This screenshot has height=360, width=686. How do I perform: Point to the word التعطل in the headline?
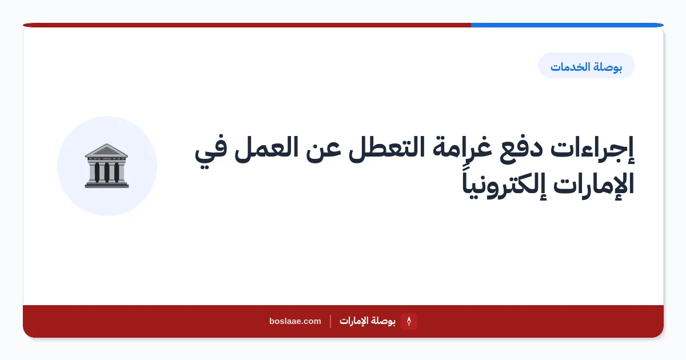pos(387,148)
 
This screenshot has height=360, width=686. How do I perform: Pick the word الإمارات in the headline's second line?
pos(593,183)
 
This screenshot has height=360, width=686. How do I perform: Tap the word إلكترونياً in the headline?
pos(504,184)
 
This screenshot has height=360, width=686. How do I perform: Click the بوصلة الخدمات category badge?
pos(586,66)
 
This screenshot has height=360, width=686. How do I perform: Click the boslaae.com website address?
pos(295,321)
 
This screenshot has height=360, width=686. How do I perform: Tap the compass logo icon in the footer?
pos(409,321)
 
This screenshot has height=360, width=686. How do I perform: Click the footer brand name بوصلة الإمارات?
pos(368,321)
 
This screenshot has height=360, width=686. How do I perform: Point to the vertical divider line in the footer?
pos(330,321)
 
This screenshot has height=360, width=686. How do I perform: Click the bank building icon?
pos(106,166)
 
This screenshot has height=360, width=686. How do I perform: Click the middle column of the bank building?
pos(106,173)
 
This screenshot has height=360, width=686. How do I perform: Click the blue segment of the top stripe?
pos(567,25)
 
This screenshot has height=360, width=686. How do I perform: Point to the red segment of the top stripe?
pos(247,25)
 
